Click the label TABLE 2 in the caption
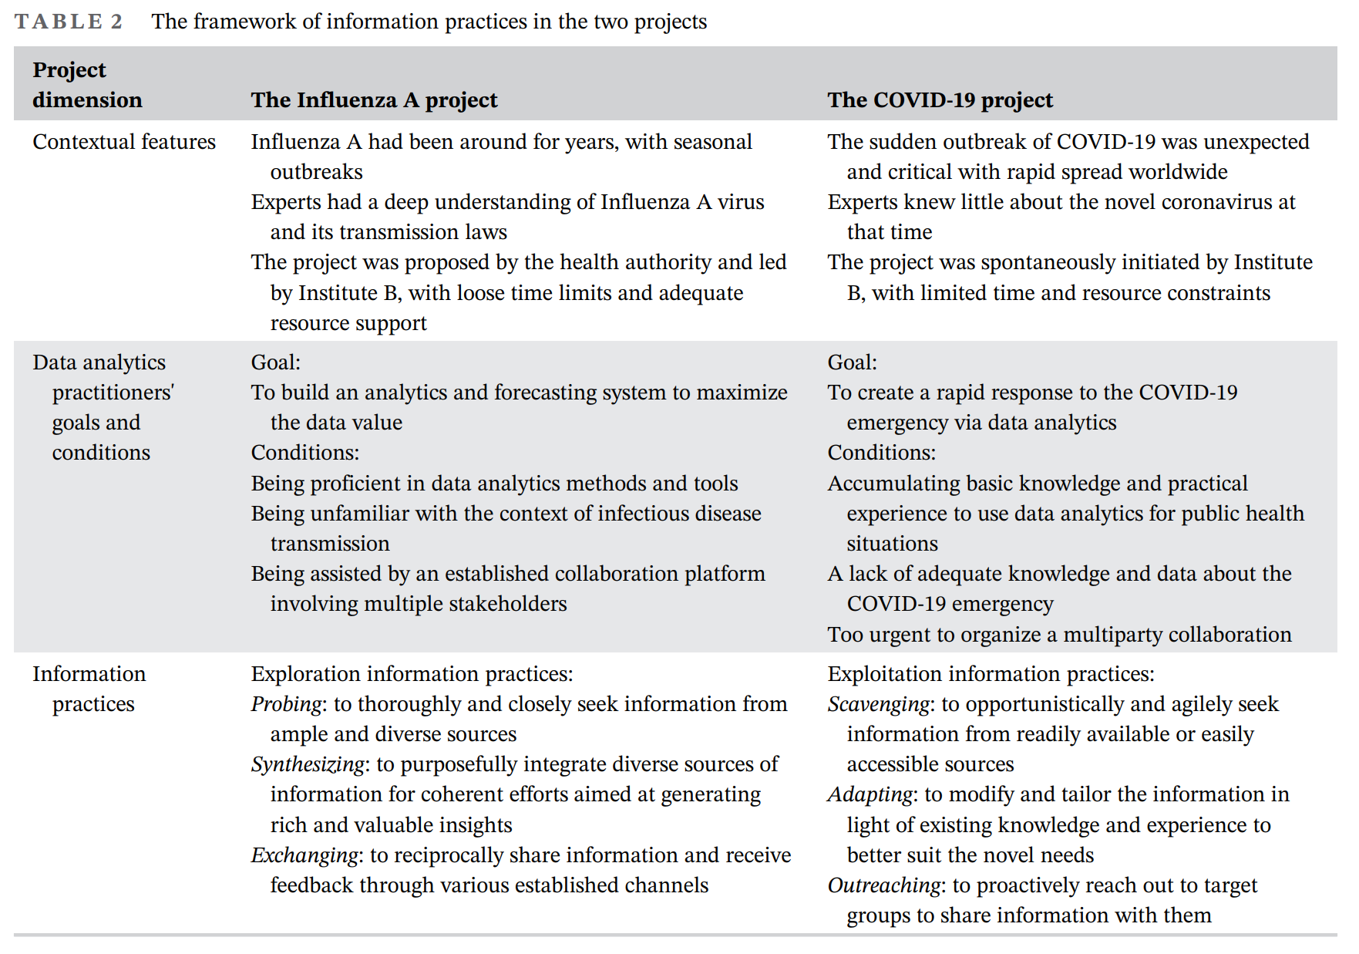click(x=69, y=22)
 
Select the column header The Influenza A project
click(x=374, y=100)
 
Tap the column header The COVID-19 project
click(x=940, y=100)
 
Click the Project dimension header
click(x=87, y=85)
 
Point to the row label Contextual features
click(x=124, y=142)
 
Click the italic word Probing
click(x=286, y=704)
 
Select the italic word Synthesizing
click(x=307, y=764)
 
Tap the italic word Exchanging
click(x=304, y=855)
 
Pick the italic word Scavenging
click(x=879, y=704)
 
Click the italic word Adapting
click(x=870, y=794)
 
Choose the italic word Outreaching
click(x=884, y=885)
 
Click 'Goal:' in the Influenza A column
click(x=276, y=362)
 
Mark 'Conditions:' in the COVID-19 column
click(x=881, y=453)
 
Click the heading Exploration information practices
click(x=412, y=674)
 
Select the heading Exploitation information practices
click(x=991, y=674)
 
